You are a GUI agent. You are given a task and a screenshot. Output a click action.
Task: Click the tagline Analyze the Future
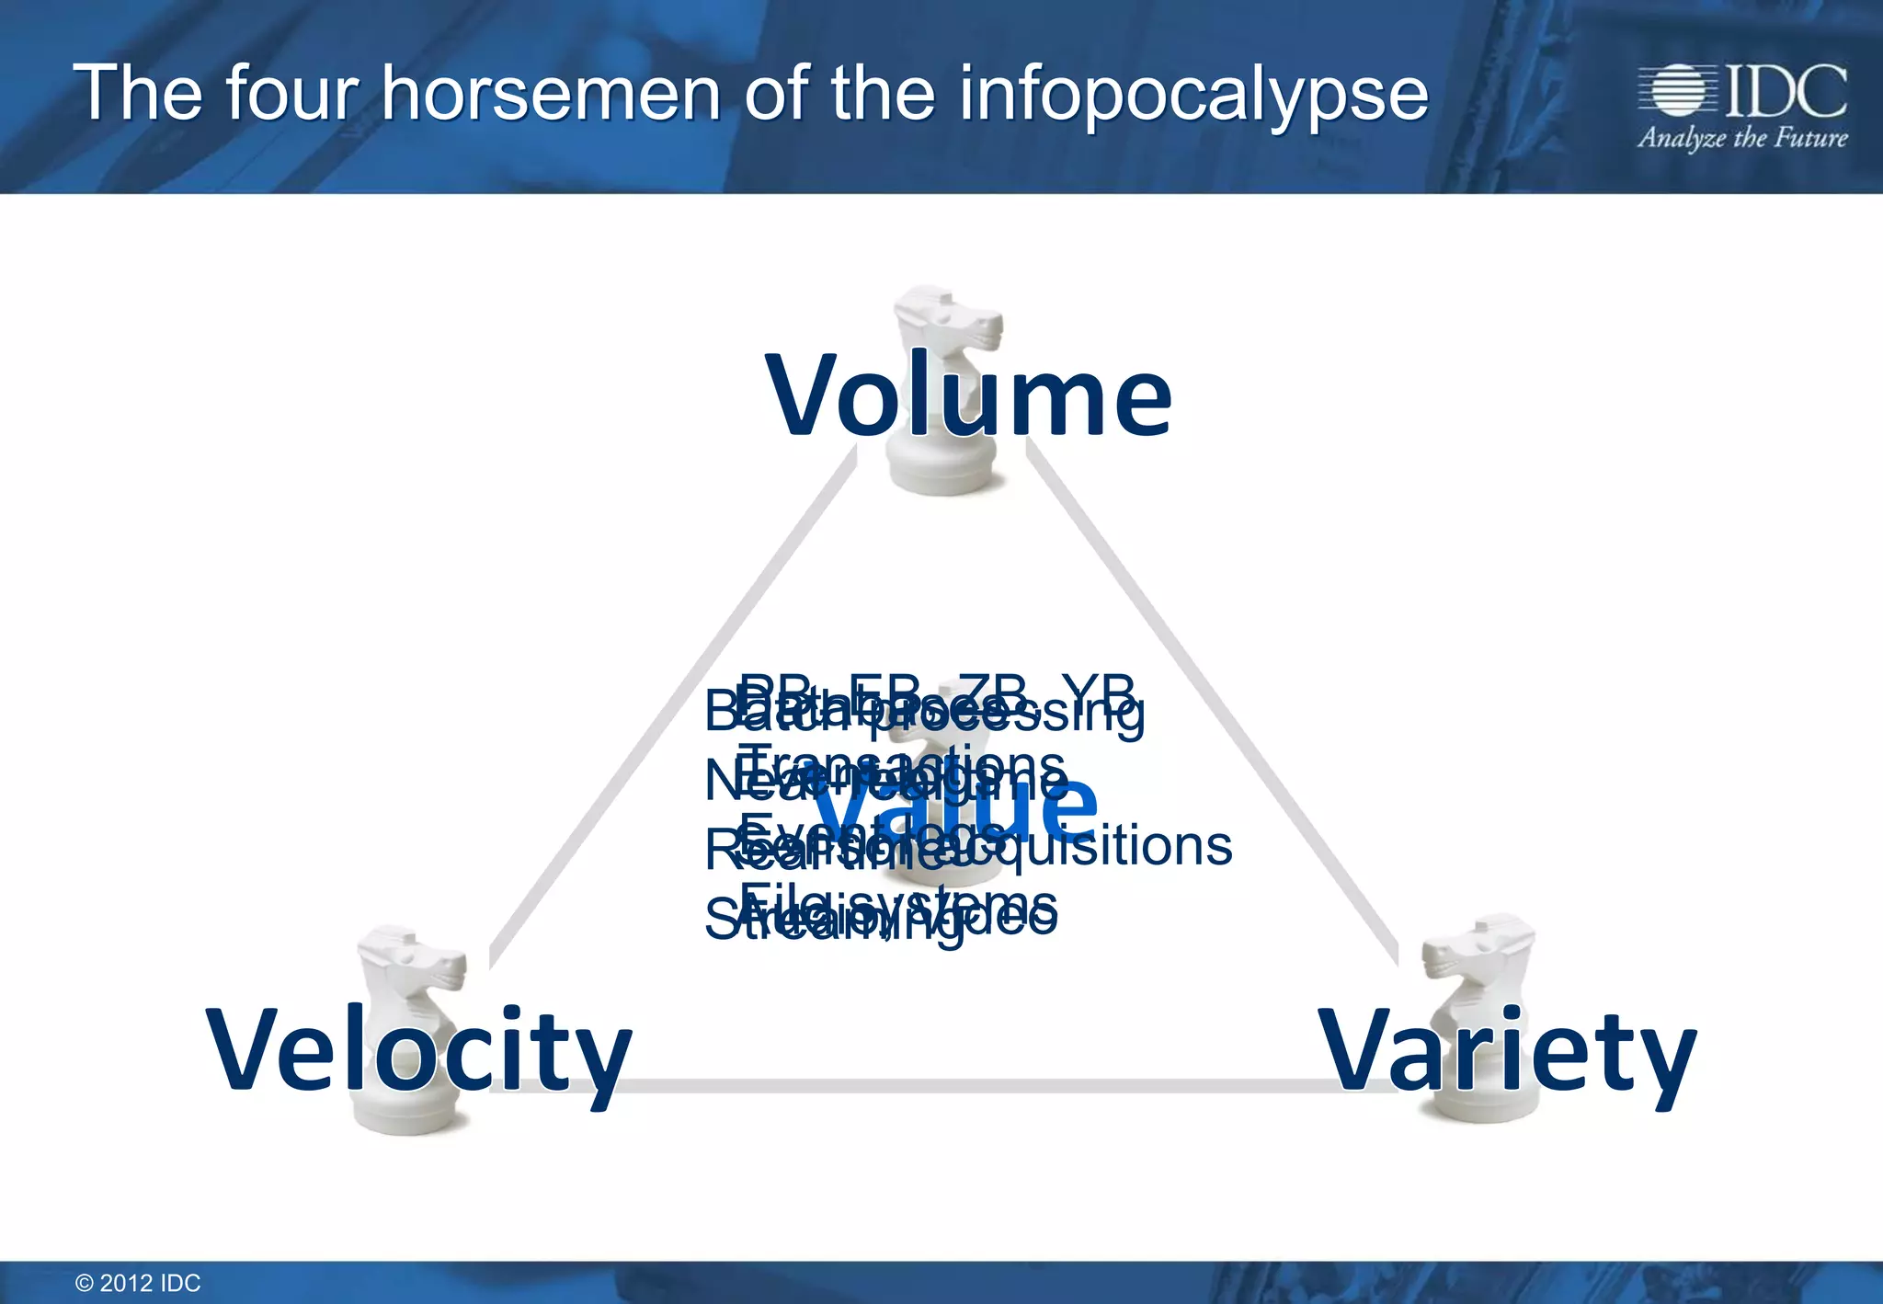tap(1741, 138)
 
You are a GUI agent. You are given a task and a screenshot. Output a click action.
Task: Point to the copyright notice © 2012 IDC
tap(138, 1283)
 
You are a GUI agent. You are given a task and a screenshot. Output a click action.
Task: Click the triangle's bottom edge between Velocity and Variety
tap(965, 1086)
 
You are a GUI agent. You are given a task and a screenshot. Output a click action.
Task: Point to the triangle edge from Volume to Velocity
tap(671, 708)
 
